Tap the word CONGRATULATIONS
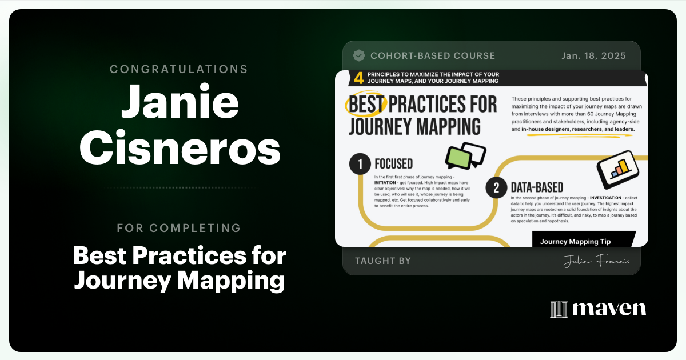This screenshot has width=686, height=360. pyautogui.click(x=179, y=69)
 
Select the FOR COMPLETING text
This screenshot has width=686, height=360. pyautogui.click(x=179, y=228)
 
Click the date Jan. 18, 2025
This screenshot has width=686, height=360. pyautogui.click(x=595, y=55)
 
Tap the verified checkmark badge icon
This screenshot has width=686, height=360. pyautogui.click(x=359, y=55)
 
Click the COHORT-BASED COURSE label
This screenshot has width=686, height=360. pyautogui.click(x=433, y=55)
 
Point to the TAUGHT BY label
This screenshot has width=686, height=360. pyautogui.click(x=383, y=261)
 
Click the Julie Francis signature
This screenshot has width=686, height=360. pyautogui.click(x=596, y=261)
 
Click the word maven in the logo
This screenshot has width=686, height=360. pyautogui.click(x=609, y=309)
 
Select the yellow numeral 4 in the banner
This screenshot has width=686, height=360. pyautogui.click(x=342, y=77)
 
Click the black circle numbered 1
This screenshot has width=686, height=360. pyautogui.click(x=360, y=165)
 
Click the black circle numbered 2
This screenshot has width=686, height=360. pyautogui.click(x=497, y=186)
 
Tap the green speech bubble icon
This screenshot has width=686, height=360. pyautogui.click(x=459, y=156)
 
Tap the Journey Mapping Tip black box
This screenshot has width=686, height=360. pyautogui.click(x=583, y=239)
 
